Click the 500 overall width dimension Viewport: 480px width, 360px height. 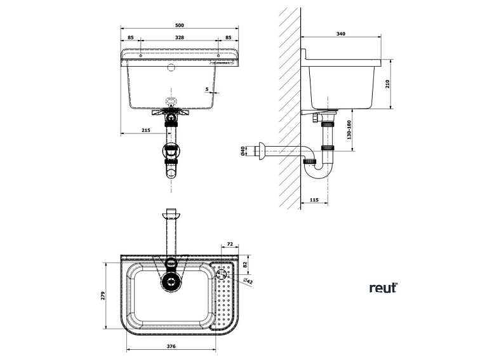[x=179, y=25]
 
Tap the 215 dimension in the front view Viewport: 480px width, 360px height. [x=145, y=131]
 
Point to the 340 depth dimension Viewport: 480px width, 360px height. [x=342, y=34]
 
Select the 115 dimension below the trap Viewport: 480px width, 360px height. [x=314, y=200]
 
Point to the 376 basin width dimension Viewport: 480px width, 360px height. [x=171, y=347]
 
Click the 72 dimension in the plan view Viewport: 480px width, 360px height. [x=230, y=244]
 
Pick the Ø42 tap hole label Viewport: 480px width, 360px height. [x=248, y=281]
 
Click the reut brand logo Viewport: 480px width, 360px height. [x=383, y=288]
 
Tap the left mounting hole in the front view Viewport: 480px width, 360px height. [x=140, y=56]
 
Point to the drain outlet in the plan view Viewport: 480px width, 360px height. [x=171, y=280]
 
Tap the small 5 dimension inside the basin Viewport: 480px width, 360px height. [x=207, y=90]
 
